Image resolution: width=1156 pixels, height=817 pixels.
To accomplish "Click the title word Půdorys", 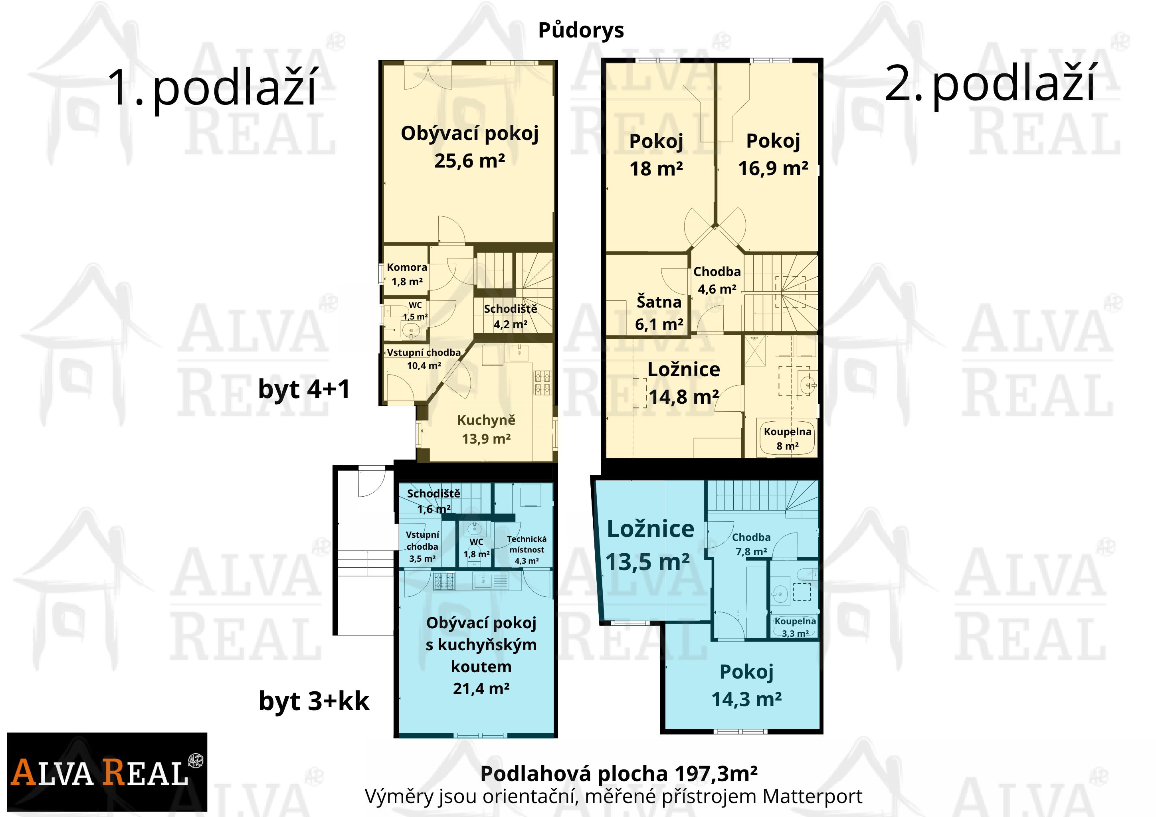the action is pyautogui.click(x=581, y=31).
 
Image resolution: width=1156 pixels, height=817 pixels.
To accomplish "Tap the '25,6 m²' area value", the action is pyautogui.click(x=470, y=161).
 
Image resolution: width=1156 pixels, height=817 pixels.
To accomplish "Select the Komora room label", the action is pyautogui.click(x=407, y=268).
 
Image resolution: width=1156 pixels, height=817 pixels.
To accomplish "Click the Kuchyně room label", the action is pyautogui.click(x=486, y=420).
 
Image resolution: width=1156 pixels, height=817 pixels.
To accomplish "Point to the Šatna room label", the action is pyautogui.click(x=659, y=302).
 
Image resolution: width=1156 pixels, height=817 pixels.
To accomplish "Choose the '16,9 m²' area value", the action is pyautogui.click(x=773, y=168).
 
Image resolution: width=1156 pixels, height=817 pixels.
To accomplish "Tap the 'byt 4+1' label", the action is pyautogui.click(x=304, y=389).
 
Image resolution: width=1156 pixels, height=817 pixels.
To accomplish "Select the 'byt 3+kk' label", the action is pyautogui.click(x=314, y=701).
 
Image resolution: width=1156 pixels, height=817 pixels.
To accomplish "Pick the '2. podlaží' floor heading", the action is pyautogui.click(x=990, y=83).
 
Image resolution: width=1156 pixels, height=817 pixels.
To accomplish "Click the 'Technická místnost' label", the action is pyautogui.click(x=527, y=544).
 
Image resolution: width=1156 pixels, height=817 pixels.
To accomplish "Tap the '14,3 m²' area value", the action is pyautogui.click(x=747, y=699).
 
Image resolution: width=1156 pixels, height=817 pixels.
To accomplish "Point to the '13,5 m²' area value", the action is pyautogui.click(x=647, y=562).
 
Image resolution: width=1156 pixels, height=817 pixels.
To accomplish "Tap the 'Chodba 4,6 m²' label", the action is pyautogui.click(x=717, y=280).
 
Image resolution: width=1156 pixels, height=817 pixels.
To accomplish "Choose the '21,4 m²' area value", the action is pyautogui.click(x=481, y=688).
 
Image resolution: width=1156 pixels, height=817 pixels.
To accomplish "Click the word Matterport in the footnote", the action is pyautogui.click(x=812, y=796).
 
